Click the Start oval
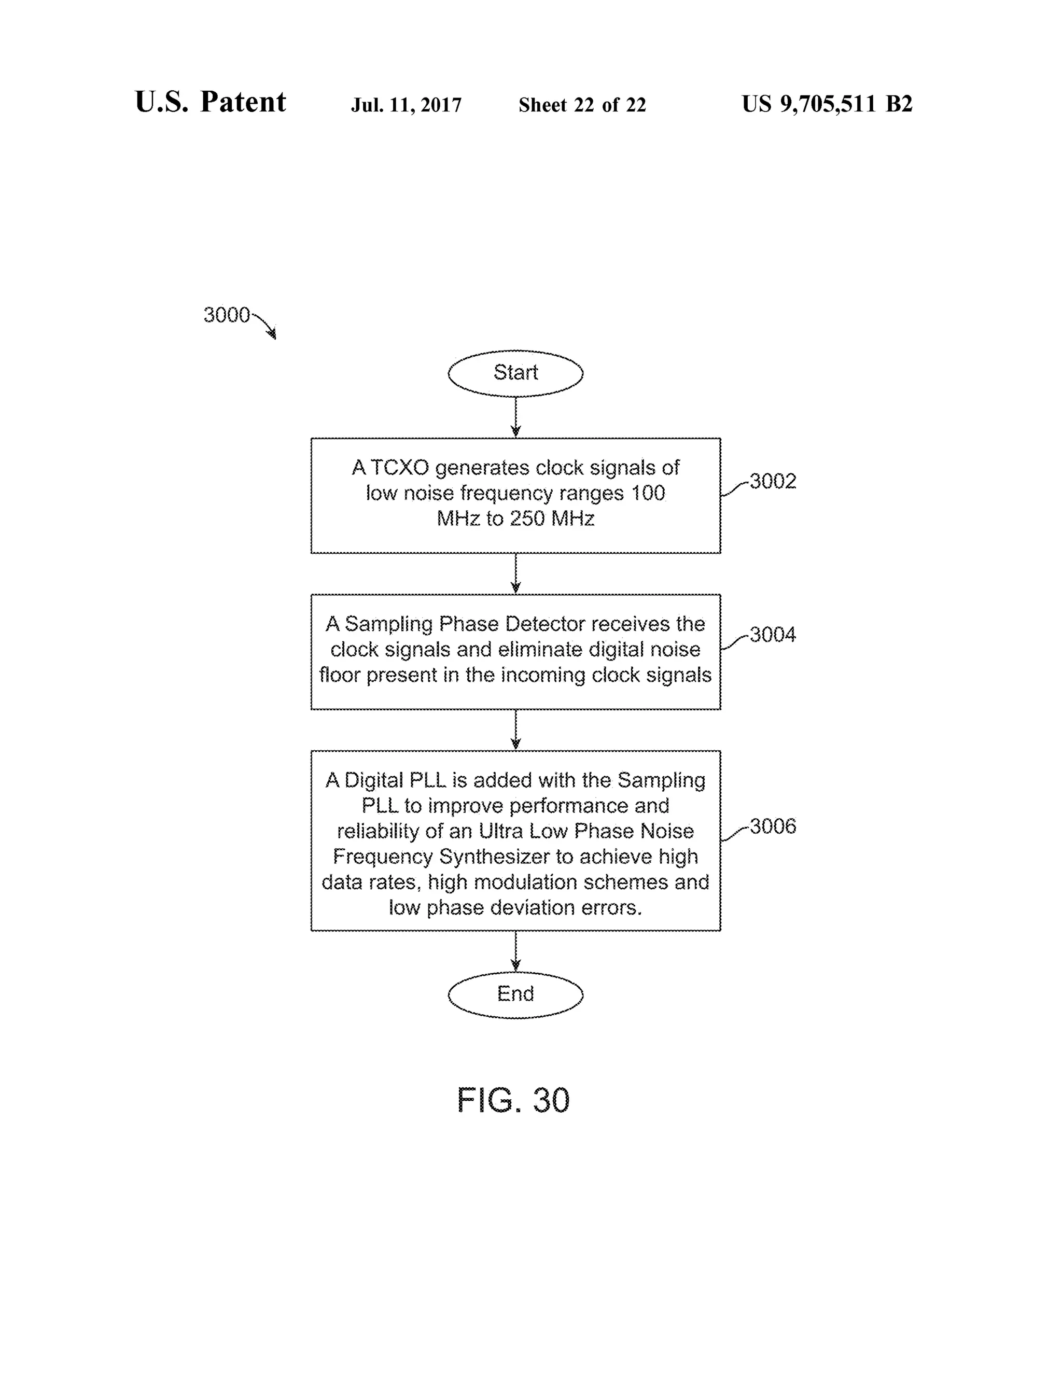515,373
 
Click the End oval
515,994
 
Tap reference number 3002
773,481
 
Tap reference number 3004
773,634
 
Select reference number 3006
773,826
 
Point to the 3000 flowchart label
227,315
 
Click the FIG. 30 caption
513,1100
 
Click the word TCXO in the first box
399,468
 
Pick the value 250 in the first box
527,518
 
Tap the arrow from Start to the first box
515,417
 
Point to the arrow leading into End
515,951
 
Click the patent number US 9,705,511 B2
827,104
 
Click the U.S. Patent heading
210,102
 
